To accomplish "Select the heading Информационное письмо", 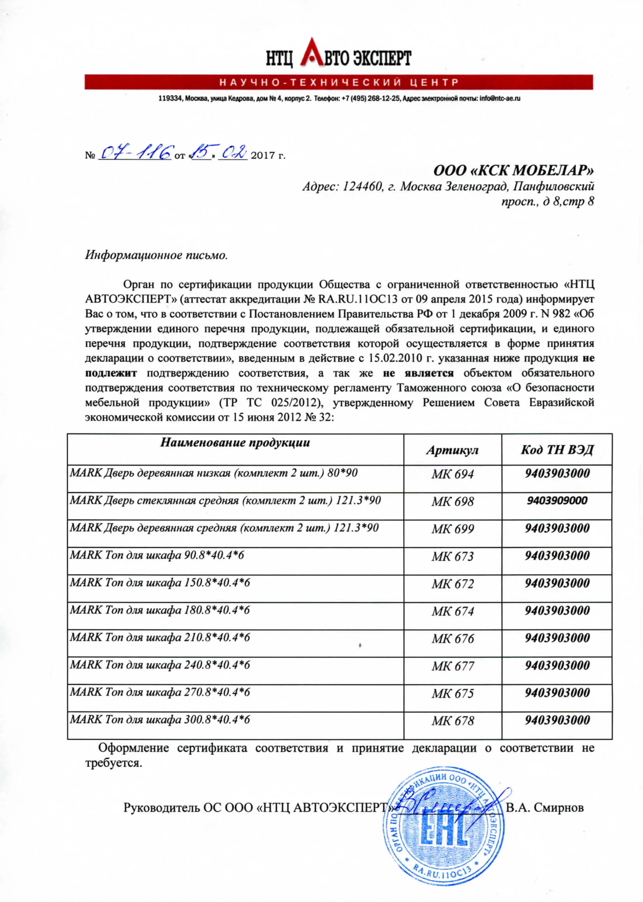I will pyautogui.click(x=156, y=255).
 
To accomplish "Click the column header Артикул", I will pyautogui.click(x=452, y=450).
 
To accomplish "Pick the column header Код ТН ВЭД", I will pyautogui.click(x=557, y=450).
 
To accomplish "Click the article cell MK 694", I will pyautogui.click(x=452, y=474).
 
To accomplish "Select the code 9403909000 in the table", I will pyautogui.click(x=557, y=501).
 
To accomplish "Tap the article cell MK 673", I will pyautogui.click(x=452, y=557).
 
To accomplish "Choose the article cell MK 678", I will pyautogui.click(x=452, y=721).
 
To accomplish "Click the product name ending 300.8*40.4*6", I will pyautogui.click(x=160, y=720).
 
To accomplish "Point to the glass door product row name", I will pyautogui.click(x=225, y=501).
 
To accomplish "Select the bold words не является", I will pyautogui.click(x=418, y=373).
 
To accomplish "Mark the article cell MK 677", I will pyautogui.click(x=452, y=667).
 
